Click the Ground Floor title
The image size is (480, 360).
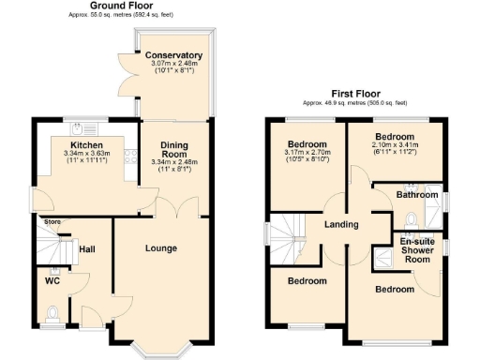(123, 6)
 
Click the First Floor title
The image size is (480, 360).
(354, 94)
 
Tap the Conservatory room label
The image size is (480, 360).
(173, 55)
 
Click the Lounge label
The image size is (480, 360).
(160, 247)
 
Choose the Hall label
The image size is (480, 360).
(87, 249)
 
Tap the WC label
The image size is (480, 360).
(52, 280)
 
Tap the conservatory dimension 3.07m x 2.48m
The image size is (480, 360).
(173, 64)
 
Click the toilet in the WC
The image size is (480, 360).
(53, 312)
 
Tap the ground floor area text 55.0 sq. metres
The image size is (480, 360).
(123, 16)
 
